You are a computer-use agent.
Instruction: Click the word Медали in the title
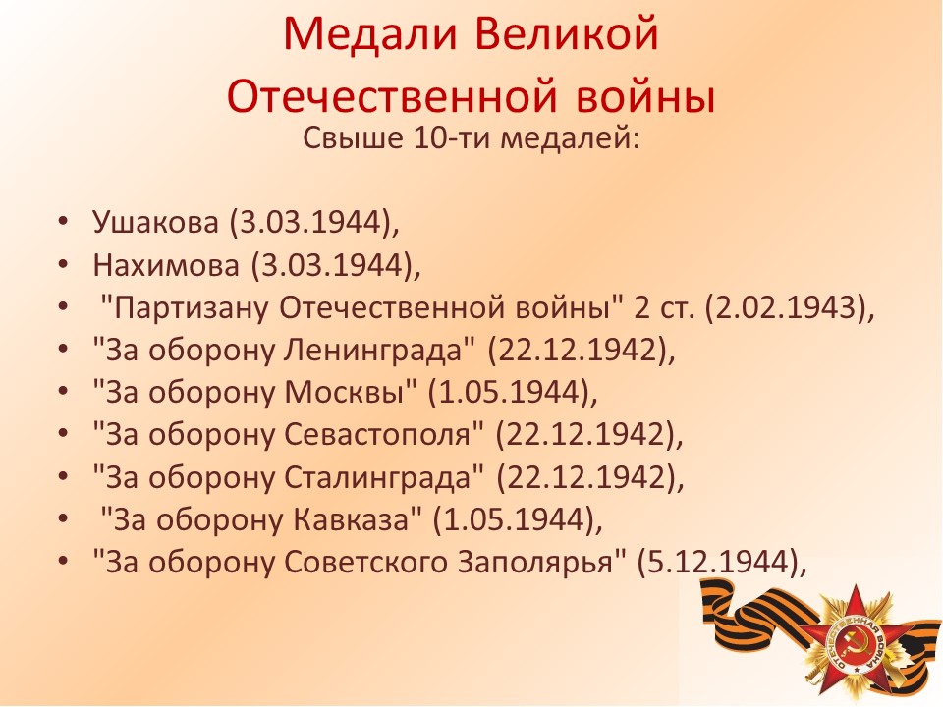click(370, 35)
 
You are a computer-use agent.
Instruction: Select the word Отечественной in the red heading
click(392, 96)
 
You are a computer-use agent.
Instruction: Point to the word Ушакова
click(155, 222)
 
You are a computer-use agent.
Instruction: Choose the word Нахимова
click(166, 264)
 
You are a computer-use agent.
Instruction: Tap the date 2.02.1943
click(784, 307)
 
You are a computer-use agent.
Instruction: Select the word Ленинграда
click(373, 350)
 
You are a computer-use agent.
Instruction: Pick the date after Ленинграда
click(578, 350)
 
